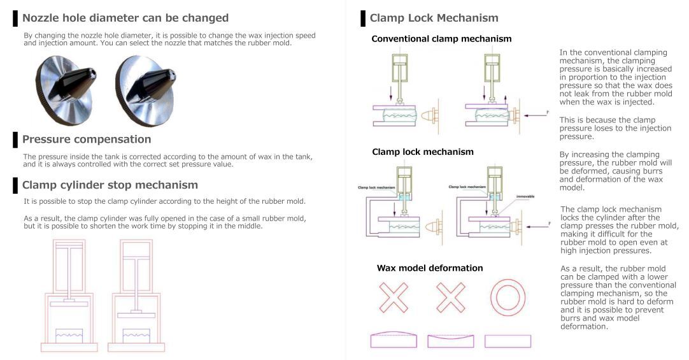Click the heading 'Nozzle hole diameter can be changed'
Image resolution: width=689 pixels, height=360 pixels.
click(125, 18)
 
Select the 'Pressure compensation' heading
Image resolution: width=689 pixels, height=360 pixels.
click(87, 140)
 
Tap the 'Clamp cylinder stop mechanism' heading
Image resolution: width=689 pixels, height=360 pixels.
click(110, 185)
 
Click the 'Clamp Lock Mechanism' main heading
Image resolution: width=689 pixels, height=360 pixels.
click(434, 18)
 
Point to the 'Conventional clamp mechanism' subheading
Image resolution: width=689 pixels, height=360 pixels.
click(441, 39)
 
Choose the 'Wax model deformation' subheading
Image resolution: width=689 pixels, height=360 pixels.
click(430, 268)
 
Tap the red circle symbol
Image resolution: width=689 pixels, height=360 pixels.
click(508, 297)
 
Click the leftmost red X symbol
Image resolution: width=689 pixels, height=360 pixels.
click(394, 297)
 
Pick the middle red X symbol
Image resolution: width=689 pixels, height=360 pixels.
click(450, 297)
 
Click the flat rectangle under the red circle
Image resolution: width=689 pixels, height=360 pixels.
click(508, 341)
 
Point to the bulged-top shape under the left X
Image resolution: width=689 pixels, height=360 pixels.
click(394, 340)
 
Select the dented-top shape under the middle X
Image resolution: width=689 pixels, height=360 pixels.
click(450, 341)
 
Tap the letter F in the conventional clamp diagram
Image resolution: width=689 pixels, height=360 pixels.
click(546, 112)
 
